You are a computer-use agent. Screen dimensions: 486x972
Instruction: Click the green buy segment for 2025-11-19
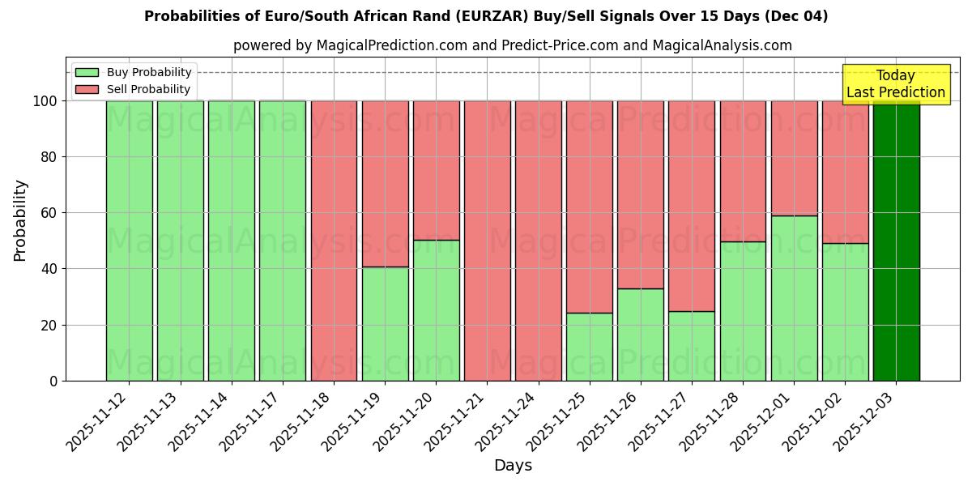coord(385,324)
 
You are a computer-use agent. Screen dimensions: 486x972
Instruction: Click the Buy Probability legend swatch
coord(87,72)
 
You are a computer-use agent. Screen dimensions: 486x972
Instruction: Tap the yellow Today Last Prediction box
coord(895,84)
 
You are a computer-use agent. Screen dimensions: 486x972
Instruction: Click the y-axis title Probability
coord(20,220)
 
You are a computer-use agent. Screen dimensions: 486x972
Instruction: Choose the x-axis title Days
coord(513,466)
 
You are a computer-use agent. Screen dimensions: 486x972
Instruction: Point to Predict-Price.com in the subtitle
coord(560,45)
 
